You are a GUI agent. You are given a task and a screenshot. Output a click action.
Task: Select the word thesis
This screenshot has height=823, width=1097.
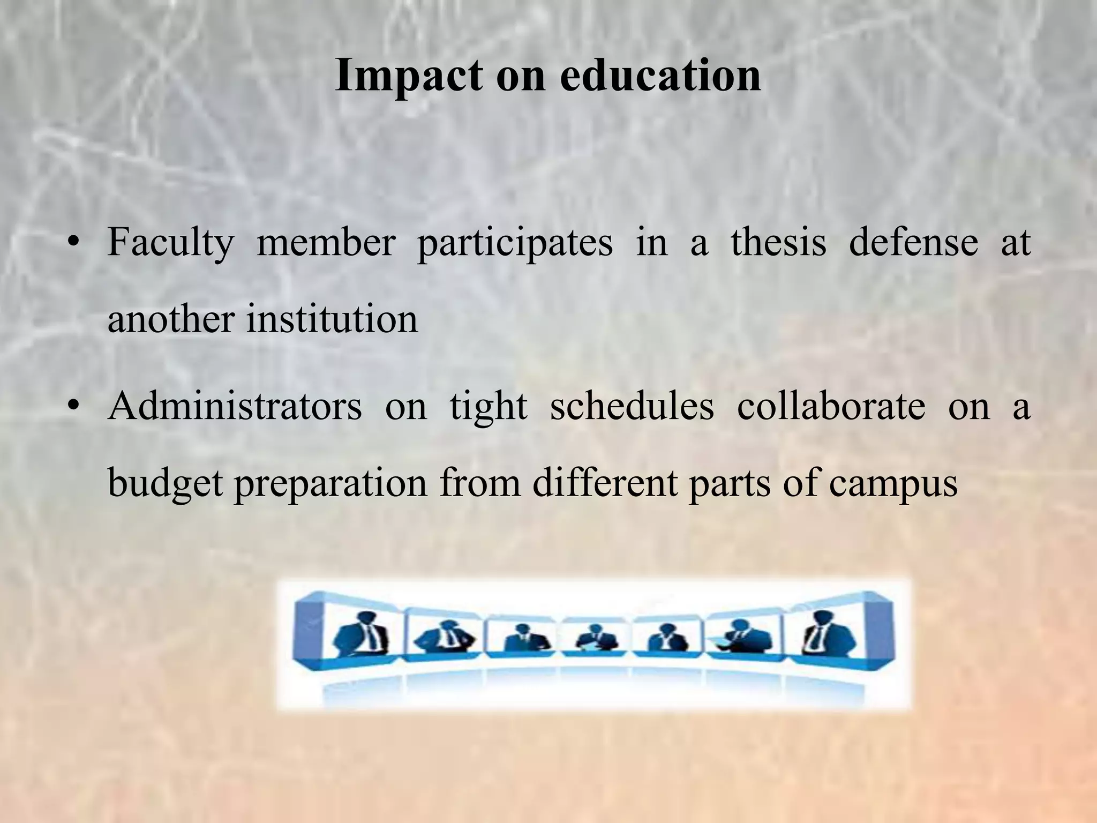pyautogui.click(x=778, y=242)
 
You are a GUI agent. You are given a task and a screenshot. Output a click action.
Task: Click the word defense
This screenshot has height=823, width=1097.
pyautogui.click(x=913, y=242)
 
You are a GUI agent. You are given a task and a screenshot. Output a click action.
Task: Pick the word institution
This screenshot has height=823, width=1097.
pyautogui.click(x=332, y=320)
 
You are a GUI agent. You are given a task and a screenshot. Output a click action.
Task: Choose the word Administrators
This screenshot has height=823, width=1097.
pyautogui.click(x=235, y=406)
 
